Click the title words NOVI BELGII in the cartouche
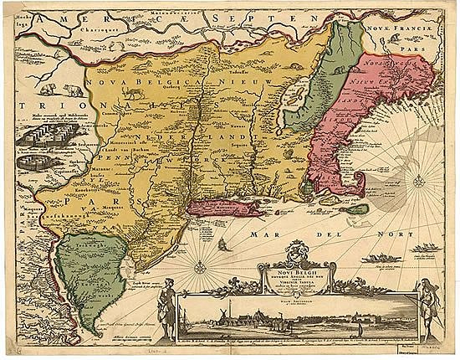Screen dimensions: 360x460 pos(296,265)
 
